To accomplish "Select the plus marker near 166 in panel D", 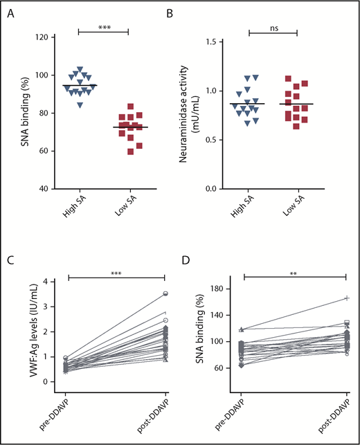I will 345,298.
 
